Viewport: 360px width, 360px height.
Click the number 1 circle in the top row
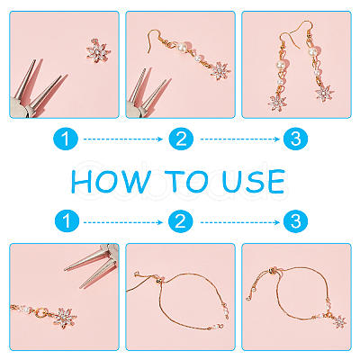[x=66, y=139]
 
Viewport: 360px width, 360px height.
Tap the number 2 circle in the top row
[x=181, y=139]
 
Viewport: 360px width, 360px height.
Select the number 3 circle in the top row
[x=295, y=139]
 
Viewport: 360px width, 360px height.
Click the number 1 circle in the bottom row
[x=67, y=221]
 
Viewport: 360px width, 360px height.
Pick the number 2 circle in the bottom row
[x=180, y=221]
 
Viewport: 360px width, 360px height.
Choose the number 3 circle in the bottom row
[x=295, y=221]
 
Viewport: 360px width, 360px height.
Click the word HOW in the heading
[x=111, y=182]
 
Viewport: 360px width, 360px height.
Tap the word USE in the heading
[x=254, y=182]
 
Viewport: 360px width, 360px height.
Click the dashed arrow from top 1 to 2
[x=123, y=139]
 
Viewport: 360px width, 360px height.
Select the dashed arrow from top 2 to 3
[x=240, y=139]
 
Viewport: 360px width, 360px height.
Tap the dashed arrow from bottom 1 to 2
[x=123, y=222]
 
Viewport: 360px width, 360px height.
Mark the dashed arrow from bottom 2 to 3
[x=240, y=222]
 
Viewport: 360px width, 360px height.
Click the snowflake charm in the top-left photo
[x=99, y=50]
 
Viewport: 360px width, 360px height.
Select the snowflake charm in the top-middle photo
[x=220, y=71]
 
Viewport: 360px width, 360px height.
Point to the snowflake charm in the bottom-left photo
[x=65, y=318]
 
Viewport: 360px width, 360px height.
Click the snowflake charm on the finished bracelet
[x=339, y=321]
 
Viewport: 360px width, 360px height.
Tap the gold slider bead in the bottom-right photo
[x=272, y=271]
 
